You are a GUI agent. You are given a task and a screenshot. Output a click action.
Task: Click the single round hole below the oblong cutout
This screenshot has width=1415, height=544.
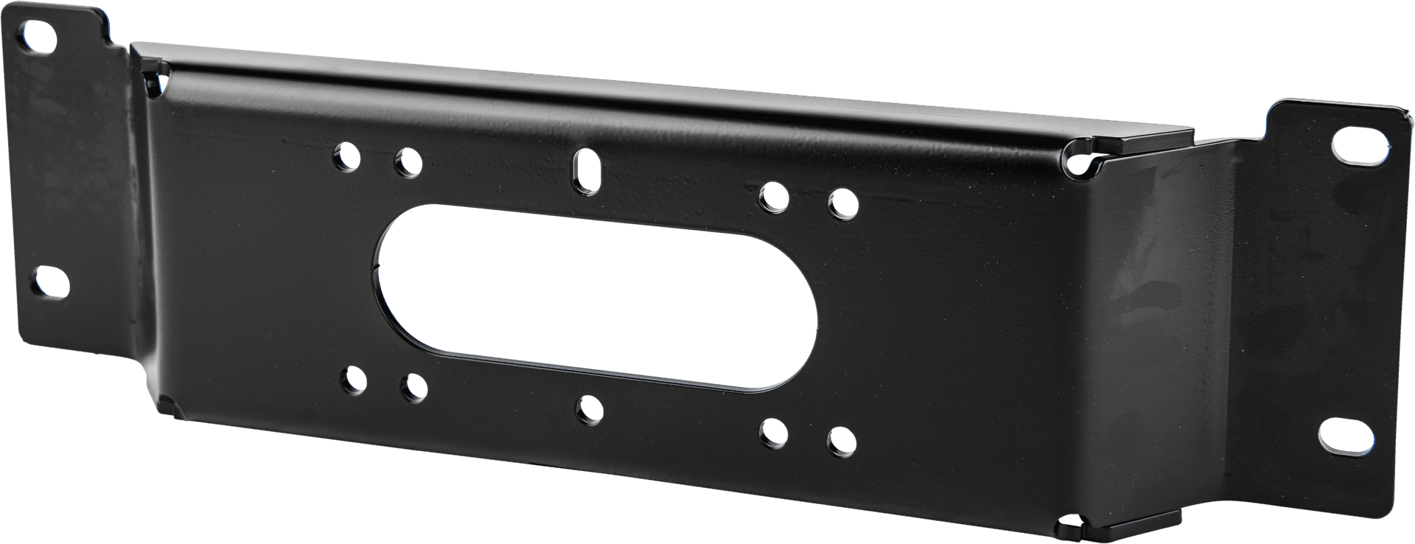tap(590, 409)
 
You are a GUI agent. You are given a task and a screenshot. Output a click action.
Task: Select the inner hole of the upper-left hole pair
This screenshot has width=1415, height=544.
tap(408, 162)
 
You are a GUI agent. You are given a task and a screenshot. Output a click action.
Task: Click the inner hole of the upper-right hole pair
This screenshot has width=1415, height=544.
tap(774, 197)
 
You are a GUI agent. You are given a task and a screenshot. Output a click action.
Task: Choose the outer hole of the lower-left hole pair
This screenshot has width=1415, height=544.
tap(354, 380)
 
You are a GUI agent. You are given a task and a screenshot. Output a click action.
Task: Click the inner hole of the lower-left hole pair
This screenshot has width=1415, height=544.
tap(414, 388)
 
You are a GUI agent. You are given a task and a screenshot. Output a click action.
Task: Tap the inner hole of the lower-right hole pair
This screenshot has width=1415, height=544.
tap(775, 433)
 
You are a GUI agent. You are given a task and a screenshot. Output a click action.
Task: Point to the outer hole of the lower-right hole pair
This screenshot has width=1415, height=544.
tap(841, 441)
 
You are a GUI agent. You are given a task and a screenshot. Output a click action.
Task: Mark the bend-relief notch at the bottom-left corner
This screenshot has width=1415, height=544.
tap(167, 405)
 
